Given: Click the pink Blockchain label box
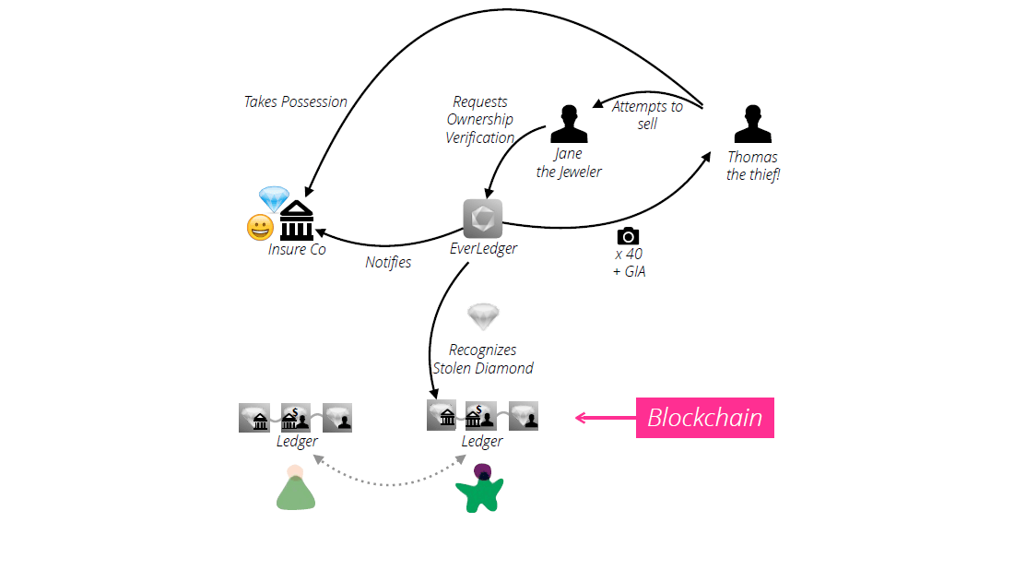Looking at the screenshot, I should tap(704, 418).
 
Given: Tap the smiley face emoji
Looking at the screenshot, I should tap(261, 227).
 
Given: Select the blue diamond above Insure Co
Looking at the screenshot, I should tap(274, 197).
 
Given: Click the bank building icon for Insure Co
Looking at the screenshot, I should tap(297, 221).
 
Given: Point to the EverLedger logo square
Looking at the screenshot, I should tap(482, 219).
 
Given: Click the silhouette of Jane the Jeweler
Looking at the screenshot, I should tap(569, 124).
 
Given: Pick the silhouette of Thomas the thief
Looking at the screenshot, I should tap(752, 124).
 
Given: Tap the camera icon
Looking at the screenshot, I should tap(628, 235).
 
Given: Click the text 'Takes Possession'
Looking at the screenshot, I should tap(295, 101).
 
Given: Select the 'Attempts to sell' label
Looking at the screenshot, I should tap(647, 114).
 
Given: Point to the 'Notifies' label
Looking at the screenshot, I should tap(388, 262).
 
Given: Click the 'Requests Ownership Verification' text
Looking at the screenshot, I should tap(480, 120).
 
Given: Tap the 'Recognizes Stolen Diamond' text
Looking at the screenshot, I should tap(483, 359).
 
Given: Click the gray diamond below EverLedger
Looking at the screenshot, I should tap(483, 316).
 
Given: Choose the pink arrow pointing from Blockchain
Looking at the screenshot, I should tap(604, 418).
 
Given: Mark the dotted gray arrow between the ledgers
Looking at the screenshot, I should tap(387, 481).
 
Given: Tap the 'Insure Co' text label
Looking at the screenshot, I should tap(297, 249).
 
